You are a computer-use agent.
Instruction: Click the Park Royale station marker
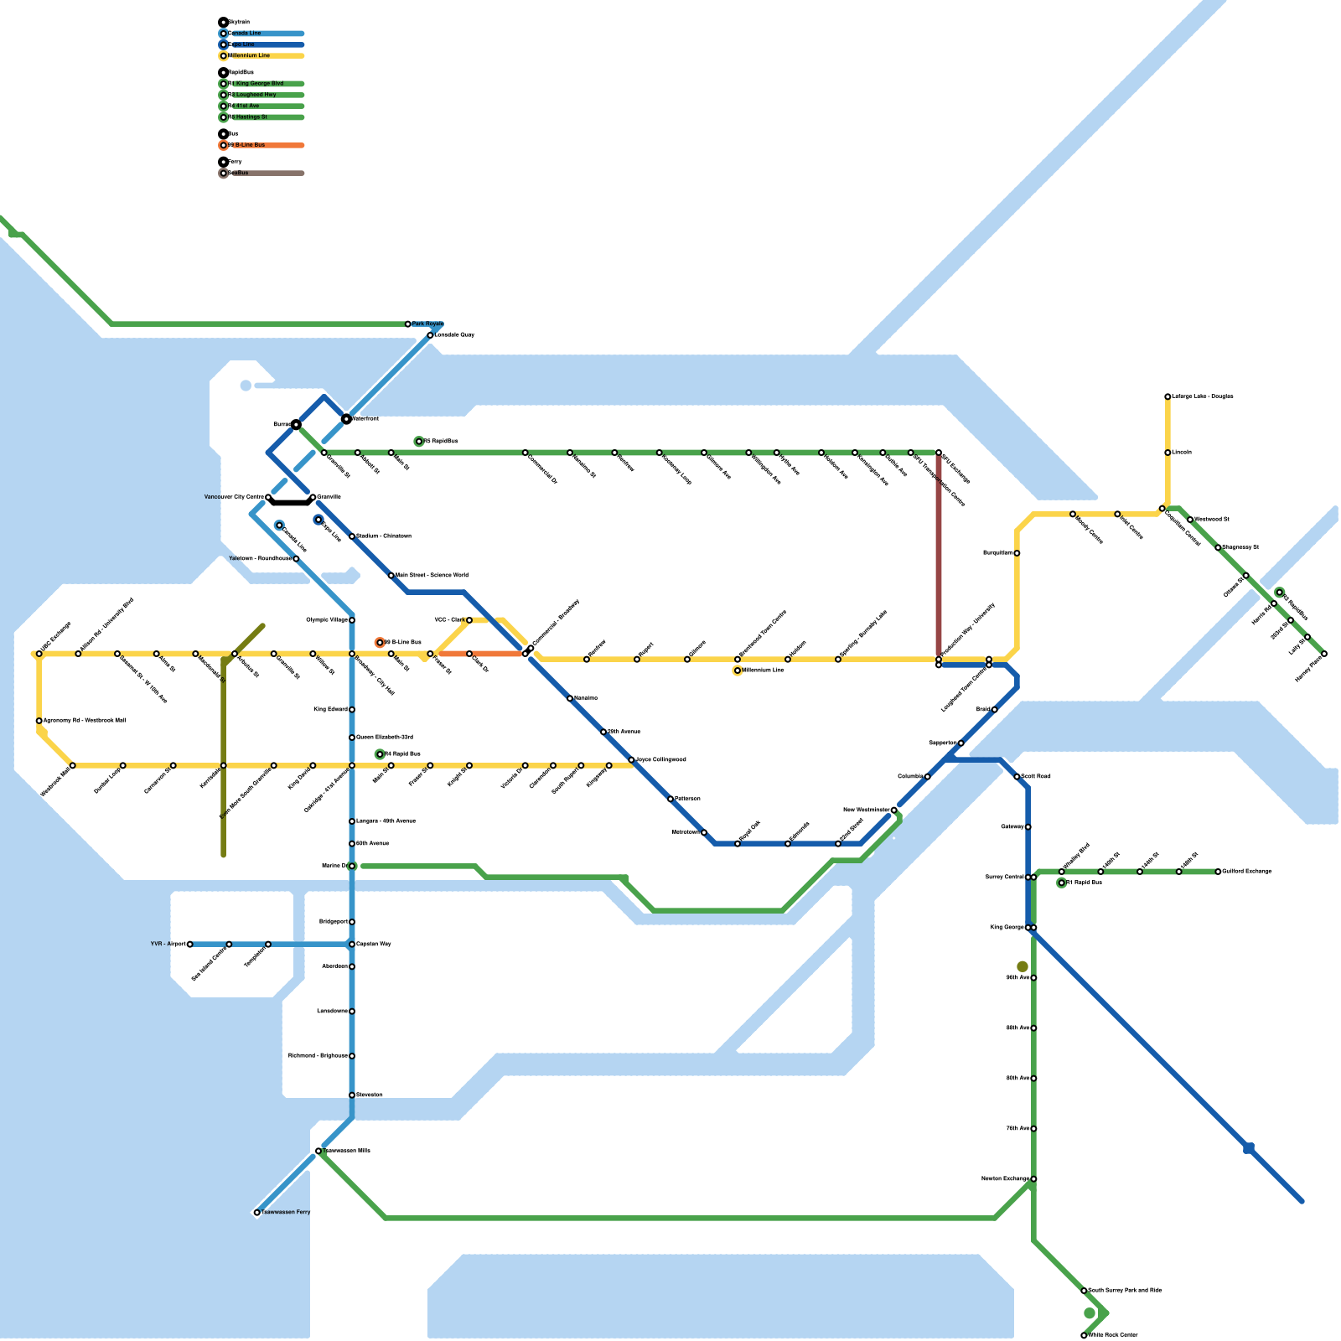pyautogui.click(x=408, y=324)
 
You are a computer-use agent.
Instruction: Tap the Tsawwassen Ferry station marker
pyautogui.click(x=257, y=1212)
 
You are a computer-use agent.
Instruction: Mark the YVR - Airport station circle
pyautogui.click(x=190, y=944)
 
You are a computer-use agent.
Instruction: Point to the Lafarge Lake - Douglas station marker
pyautogui.click(x=1168, y=396)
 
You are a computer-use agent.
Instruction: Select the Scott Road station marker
pyautogui.click(x=1017, y=777)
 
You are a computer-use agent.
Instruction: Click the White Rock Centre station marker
pyautogui.click(x=1084, y=1335)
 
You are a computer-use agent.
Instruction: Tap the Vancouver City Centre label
pyautogui.click(x=234, y=497)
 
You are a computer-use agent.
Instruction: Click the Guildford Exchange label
pyautogui.click(x=1247, y=872)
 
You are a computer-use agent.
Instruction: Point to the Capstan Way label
pyautogui.click(x=374, y=944)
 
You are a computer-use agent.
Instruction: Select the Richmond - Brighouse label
pyautogui.click(x=318, y=1055)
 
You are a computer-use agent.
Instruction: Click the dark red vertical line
pyautogui.click(x=939, y=553)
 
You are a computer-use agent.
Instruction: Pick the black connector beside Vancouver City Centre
pyautogui.click(x=291, y=503)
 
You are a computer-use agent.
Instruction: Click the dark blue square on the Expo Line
pyautogui.click(x=1249, y=1148)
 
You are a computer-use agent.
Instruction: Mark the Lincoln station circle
pyautogui.click(x=1168, y=453)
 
